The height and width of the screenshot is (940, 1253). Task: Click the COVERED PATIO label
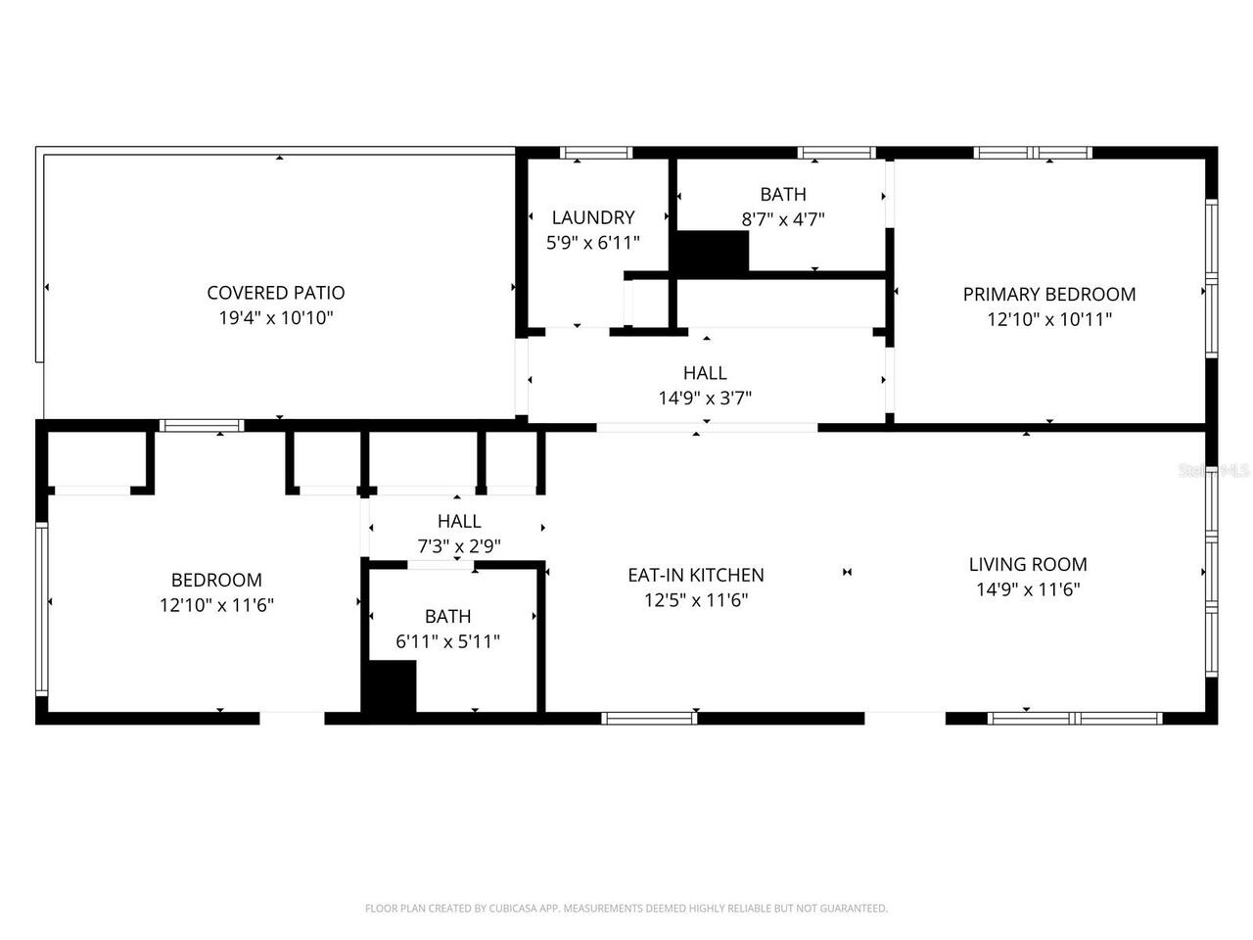276,292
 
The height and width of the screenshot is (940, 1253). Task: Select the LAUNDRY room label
593,217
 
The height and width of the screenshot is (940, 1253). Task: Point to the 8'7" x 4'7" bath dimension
783,219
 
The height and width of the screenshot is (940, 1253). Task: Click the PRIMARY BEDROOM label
1049,294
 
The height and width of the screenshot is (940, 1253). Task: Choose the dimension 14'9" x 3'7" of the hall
705,398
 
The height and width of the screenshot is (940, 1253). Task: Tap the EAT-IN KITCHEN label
696,575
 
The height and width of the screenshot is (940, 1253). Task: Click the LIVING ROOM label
1028,564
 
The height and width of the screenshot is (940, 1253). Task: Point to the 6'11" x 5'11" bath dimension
448,641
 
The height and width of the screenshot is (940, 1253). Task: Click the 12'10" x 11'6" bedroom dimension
216,605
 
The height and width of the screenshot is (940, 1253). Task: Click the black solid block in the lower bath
390,686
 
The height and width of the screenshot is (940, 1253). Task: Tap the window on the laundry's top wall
596,153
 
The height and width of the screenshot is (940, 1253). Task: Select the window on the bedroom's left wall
41,608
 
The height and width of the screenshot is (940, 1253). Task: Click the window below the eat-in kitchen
649,718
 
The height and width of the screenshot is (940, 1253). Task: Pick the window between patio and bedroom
202,425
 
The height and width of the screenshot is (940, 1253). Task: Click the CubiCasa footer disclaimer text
626,909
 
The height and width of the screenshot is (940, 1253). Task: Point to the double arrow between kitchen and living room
848,572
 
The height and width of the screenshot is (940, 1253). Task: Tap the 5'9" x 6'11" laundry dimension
593,243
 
